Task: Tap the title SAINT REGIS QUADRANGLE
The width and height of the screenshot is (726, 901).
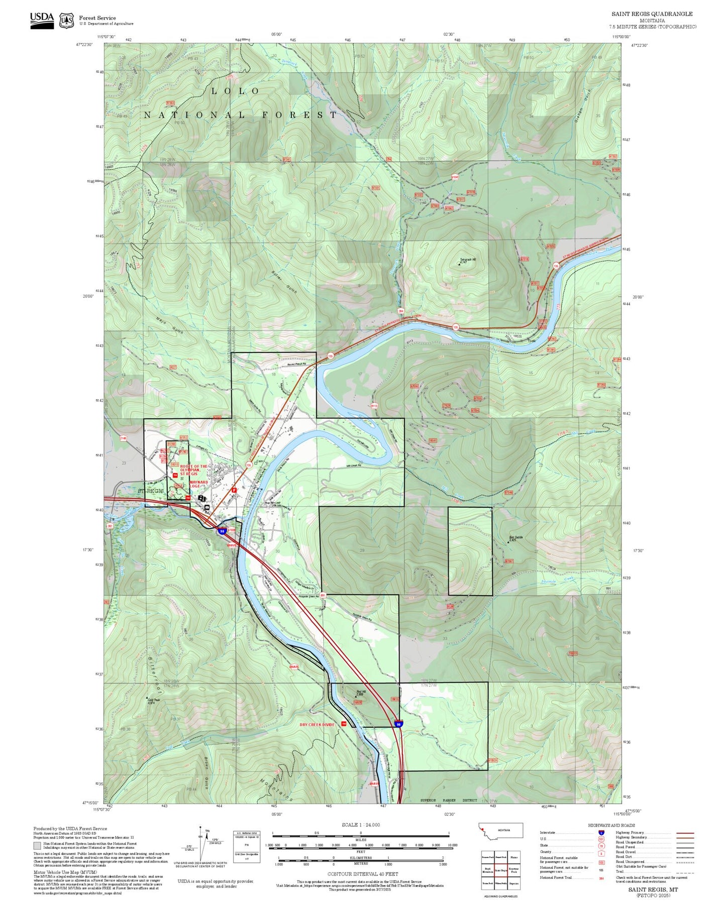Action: (652, 14)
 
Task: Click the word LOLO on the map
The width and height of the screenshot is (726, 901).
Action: (235, 91)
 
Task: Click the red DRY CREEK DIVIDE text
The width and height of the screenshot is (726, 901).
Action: (317, 725)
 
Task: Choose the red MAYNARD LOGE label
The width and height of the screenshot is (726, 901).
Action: (198, 484)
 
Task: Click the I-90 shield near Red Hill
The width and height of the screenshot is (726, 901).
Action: (398, 724)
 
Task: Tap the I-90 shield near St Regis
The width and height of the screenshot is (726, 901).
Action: (222, 531)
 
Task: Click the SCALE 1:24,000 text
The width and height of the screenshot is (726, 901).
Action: (360, 825)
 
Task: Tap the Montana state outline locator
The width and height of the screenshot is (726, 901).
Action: (501, 830)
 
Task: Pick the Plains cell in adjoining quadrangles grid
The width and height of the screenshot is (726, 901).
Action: (513, 857)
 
